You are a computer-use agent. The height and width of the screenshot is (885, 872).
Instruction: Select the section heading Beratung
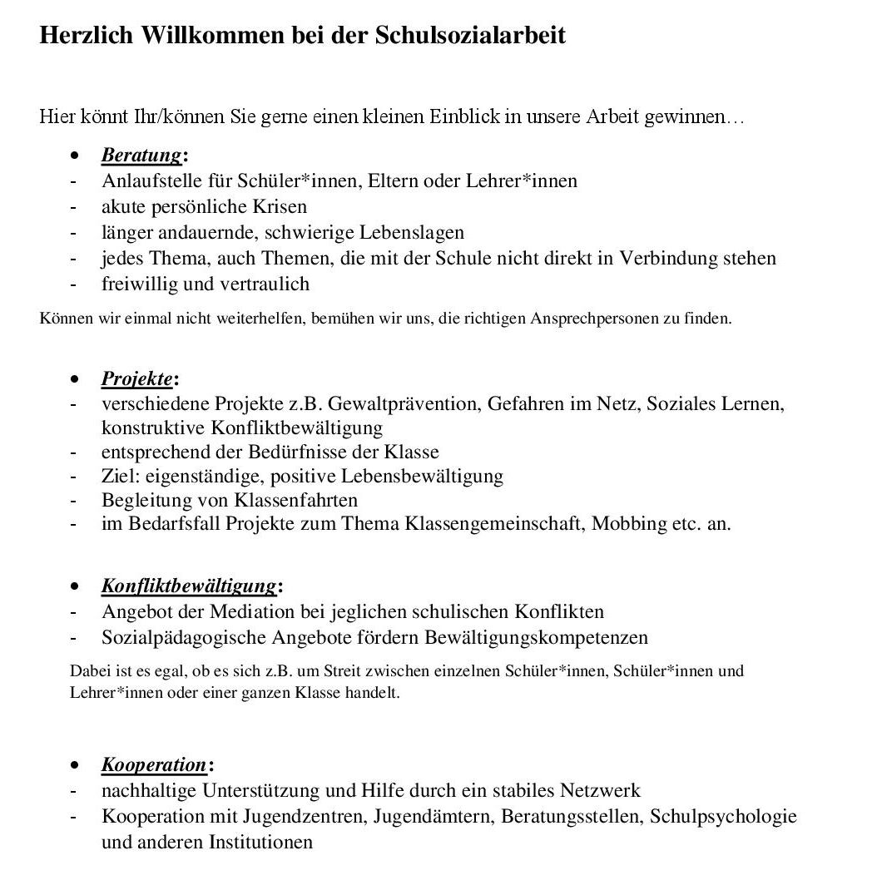[141, 156]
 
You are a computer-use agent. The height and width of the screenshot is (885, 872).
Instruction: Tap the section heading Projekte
[137, 379]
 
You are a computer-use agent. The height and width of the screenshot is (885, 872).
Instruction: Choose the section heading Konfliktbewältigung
[189, 586]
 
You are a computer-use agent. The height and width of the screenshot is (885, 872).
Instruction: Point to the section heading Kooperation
[154, 764]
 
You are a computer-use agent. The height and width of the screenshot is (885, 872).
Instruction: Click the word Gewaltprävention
[404, 404]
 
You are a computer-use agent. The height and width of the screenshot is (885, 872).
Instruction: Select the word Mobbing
[631, 524]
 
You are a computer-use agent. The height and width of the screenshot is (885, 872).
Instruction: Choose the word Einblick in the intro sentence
[463, 116]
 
